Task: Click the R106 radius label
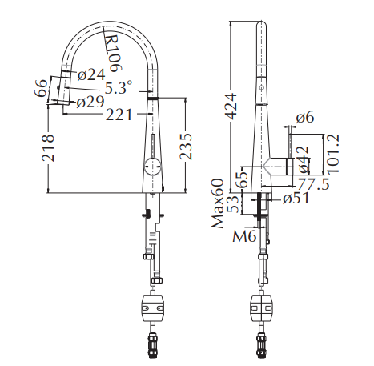click(x=114, y=50)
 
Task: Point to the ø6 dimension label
click(x=304, y=118)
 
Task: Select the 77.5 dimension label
click(x=315, y=185)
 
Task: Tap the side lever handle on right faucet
click(x=278, y=167)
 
